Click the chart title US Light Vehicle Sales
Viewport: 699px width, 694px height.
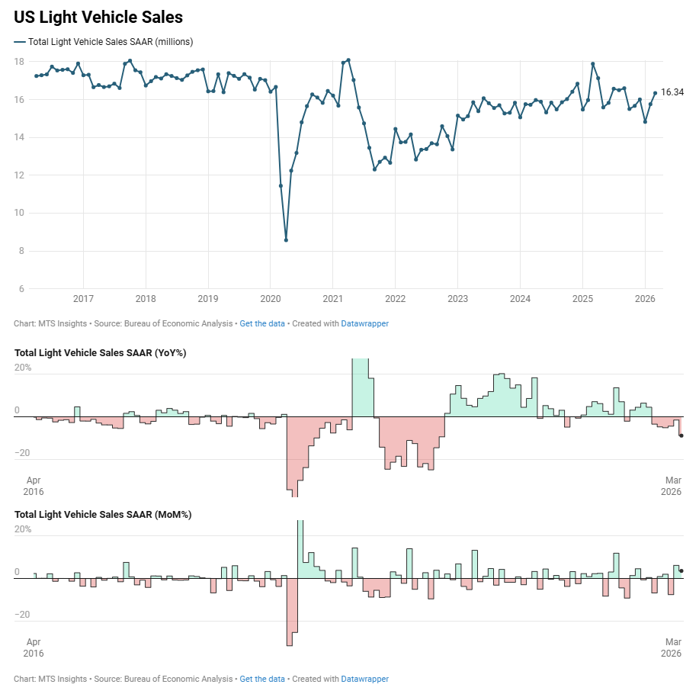click(98, 16)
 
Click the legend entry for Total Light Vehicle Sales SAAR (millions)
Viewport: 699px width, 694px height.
click(110, 41)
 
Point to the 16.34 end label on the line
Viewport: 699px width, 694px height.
click(672, 92)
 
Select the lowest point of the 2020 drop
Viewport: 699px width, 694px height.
click(286, 240)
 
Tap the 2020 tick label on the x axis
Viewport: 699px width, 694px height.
click(271, 298)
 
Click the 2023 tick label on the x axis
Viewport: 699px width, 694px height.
click(457, 298)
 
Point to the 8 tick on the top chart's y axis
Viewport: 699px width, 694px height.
click(22, 251)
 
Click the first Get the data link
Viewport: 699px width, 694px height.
click(262, 323)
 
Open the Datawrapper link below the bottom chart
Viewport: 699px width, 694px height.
click(364, 679)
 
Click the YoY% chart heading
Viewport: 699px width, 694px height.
click(101, 353)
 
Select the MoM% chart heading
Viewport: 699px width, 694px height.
click(103, 515)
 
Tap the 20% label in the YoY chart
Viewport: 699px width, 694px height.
click(23, 368)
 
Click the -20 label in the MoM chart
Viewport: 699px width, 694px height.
click(23, 615)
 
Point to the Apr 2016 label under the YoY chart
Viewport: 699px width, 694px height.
click(34, 486)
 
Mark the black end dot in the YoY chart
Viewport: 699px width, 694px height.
click(681, 435)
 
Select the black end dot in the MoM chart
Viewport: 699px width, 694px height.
click(681, 570)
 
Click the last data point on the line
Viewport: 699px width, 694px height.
click(655, 93)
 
